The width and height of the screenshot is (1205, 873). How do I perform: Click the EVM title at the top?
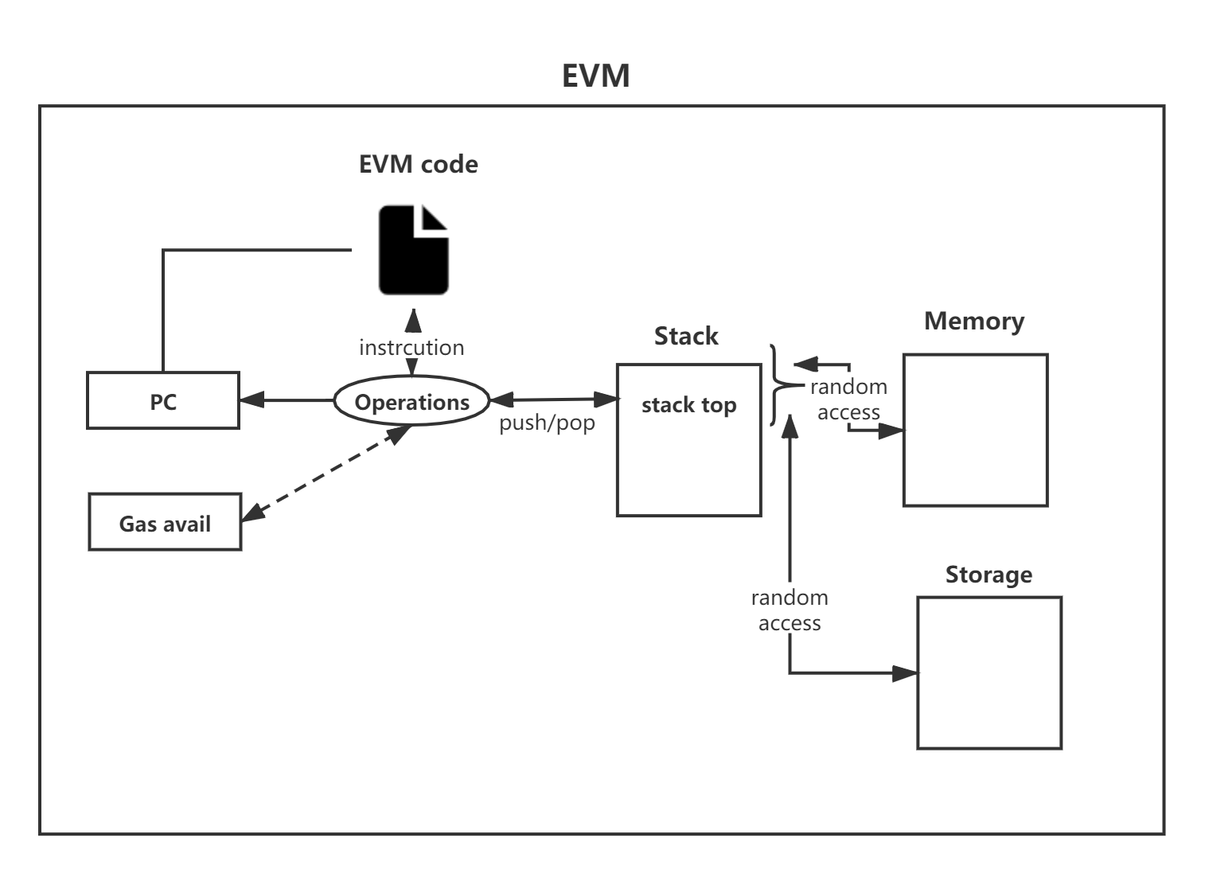pyautogui.click(x=595, y=76)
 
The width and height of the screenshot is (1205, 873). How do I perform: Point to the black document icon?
pyautogui.click(x=413, y=250)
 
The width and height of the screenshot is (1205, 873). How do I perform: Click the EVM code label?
pyautogui.click(x=418, y=164)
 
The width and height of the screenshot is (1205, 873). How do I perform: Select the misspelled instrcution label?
pyautogui.click(x=411, y=348)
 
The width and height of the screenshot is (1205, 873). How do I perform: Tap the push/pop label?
pyautogui.click(x=547, y=423)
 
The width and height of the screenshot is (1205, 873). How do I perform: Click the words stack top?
pyautogui.click(x=688, y=405)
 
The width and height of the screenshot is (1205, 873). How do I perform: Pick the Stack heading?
pyautogui.click(x=686, y=336)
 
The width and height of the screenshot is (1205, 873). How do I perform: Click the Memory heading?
pyautogui.click(x=974, y=322)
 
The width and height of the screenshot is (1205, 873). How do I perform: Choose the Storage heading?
pyautogui.click(x=989, y=575)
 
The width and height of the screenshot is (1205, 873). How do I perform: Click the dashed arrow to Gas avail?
pyautogui.click(x=326, y=474)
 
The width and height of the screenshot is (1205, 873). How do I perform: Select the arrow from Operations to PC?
pyautogui.click(x=287, y=400)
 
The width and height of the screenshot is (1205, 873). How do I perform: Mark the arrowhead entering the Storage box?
pyautogui.click(x=905, y=673)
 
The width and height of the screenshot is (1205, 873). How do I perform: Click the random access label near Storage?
pyautogui.click(x=790, y=610)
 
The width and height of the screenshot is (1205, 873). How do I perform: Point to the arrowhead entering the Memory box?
pyautogui.click(x=891, y=431)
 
